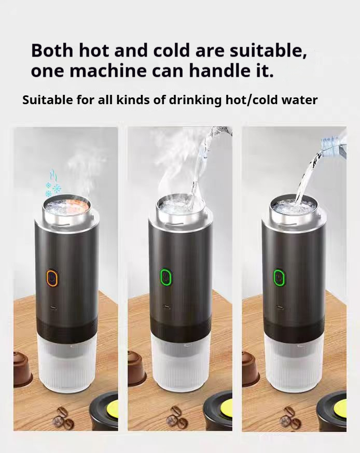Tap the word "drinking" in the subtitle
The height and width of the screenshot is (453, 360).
pyautogui.click(x=195, y=101)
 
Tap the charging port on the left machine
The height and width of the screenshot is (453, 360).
pyautogui.click(x=52, y=308)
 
